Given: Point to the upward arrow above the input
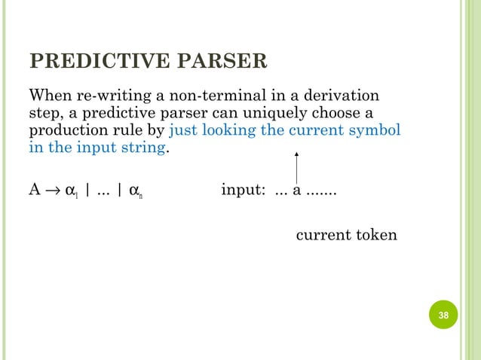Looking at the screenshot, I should (296, 166).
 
